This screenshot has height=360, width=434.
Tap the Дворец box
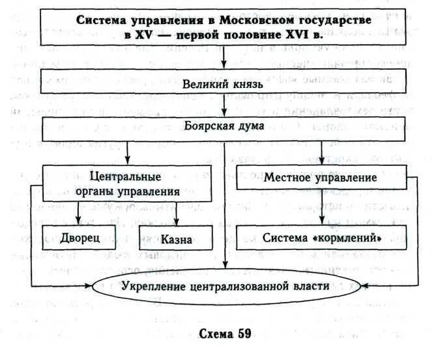pyautogui.click(x=81, y=238)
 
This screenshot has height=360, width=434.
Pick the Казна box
pyautogui.click(x=176, y=238)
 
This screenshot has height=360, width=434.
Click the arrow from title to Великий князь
pyautogui.click(x=224, y=60)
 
